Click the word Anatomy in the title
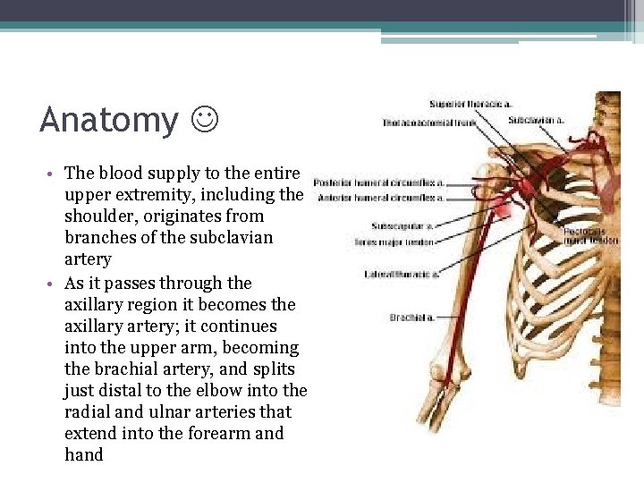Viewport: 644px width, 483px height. click(x=109, y=120)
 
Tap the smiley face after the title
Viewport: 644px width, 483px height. click(x=205, y=119)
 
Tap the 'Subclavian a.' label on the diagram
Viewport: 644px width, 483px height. click(x=536, y=119)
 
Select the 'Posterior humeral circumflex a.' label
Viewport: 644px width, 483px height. click(x=379, y=182)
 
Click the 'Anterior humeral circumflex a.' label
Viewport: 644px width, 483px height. click(x=379, y=196)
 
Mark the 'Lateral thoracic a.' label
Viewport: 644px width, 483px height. click(x=401, y=274)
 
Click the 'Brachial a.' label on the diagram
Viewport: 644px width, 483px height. click(x=411, y=317)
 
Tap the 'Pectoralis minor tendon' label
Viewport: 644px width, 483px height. click(x=589, y=235)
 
